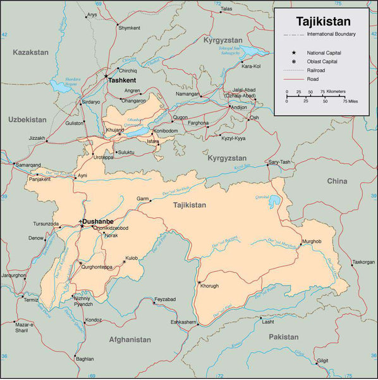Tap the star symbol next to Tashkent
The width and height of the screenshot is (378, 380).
coord(106,76)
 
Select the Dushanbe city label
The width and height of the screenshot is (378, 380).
coord(97,221)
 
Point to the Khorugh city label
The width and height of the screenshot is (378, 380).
coord(209,286)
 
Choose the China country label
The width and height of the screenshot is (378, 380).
coord(337,182)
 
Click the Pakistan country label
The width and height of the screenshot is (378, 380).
coord(283,337)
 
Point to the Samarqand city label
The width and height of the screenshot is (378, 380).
coord(27,165)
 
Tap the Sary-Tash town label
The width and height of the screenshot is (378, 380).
coord(279,162)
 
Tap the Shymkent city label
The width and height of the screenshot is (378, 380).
coord(128,28)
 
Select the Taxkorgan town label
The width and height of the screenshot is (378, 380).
coord(363,262)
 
